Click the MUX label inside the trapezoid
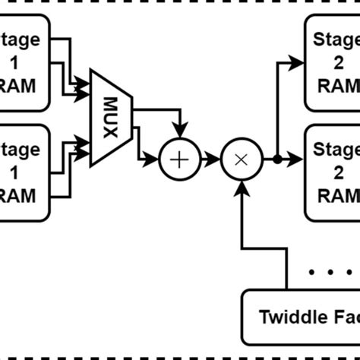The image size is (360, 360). click(x=112, y=118)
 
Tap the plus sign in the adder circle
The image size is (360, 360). click(x=180, y=159)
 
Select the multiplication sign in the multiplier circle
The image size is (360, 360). click(x=242, y=159)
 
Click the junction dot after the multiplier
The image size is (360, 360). click(x=277, y=159)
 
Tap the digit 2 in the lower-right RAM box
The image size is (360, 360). click(x=334, y=172)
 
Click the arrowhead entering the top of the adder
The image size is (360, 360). click(x=180, y=136)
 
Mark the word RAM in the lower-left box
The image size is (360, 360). click(x=18, y=196)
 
